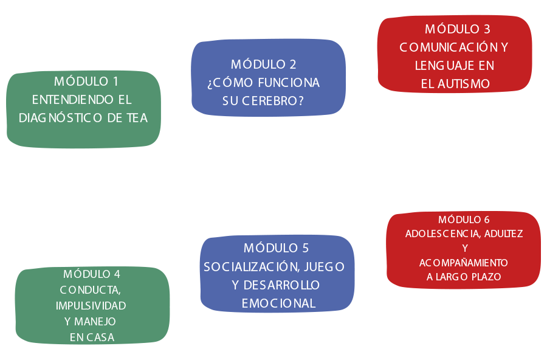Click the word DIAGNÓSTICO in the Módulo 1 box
(60, 118)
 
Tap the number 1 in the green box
(115, 81)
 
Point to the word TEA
(137, 118)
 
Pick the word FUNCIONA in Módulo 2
(289, 83)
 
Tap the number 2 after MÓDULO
(293, 64)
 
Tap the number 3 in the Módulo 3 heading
(487, 29)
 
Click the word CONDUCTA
(91, 290)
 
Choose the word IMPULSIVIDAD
(91, 305)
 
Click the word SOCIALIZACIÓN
(252, 266)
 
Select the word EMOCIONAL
(279, 303)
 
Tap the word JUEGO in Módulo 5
(325, 267)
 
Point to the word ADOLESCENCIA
(443, 234)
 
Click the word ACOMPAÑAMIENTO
(464, 263)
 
